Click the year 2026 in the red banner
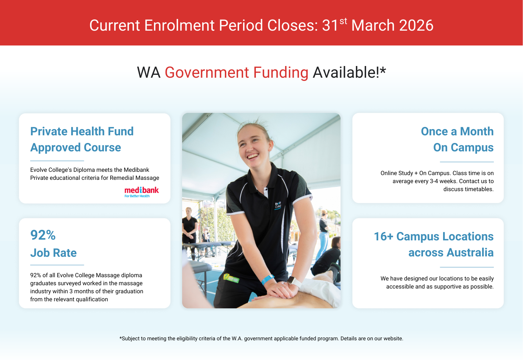416,25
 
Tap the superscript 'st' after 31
343,21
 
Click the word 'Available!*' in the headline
349,72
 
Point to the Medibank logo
142,192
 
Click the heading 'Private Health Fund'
82,131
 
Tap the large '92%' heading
43,235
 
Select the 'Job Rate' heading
53,253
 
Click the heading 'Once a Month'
457,131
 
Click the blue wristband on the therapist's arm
268,279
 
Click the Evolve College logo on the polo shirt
278,205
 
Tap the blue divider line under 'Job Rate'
57,265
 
